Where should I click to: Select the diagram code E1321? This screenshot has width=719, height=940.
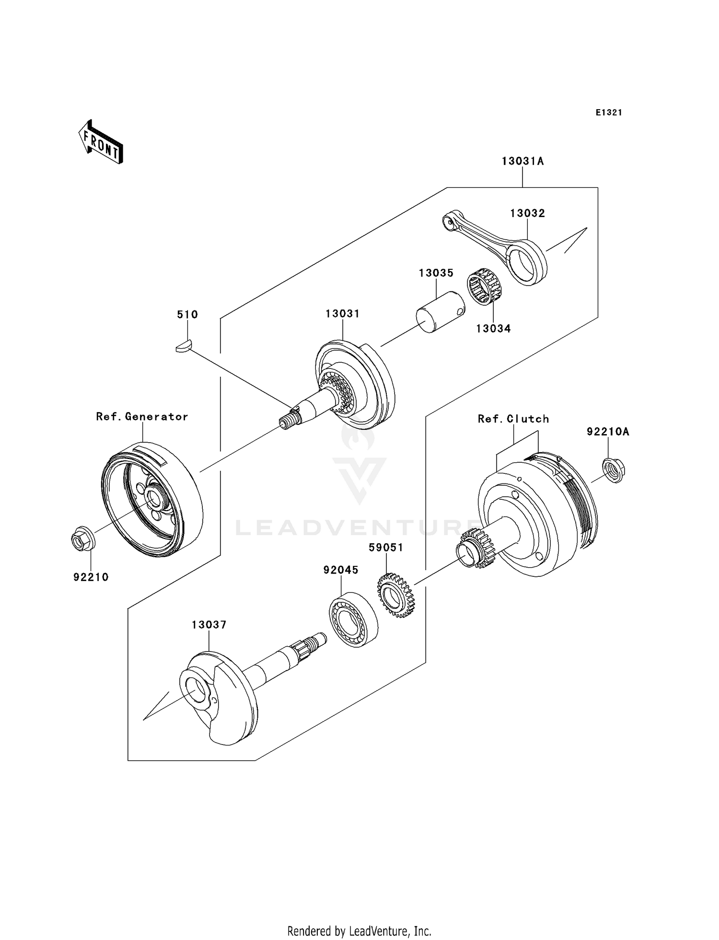point(609,113)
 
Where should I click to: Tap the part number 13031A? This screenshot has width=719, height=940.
point(522,161)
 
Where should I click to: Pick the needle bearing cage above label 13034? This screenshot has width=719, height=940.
point(484,286)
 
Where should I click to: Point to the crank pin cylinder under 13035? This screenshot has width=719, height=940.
point(440,312)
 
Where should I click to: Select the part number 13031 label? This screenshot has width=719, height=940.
point(342,314)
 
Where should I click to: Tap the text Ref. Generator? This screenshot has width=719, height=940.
point(142,417)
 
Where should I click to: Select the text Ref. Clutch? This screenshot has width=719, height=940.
point(513,419)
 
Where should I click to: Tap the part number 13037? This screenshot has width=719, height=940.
point(209,625)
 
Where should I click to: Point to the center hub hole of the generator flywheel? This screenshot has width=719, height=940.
point(154,499)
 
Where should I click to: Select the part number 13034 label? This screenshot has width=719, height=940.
point(493,329)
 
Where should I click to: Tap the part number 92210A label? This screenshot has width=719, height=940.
point(608,432)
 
